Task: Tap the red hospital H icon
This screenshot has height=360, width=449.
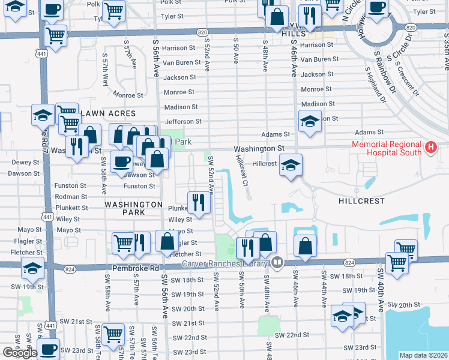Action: pyautogui.click(x=430, y=147)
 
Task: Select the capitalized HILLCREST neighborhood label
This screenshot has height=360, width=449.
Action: pyautogui.click(x=361, y=201)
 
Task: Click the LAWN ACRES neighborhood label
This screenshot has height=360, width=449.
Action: pyautogui.click(x=108, y=113)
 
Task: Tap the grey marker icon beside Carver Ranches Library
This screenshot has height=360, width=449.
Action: pyautogui.click(x=277, y=262)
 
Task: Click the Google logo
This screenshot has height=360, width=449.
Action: pyautogui.click(x=20, y=353)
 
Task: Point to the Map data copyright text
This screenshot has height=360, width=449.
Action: pyautogui.click(x=423, y=355)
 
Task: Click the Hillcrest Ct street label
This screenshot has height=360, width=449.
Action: pyautogui.click(x=242, y=171)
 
